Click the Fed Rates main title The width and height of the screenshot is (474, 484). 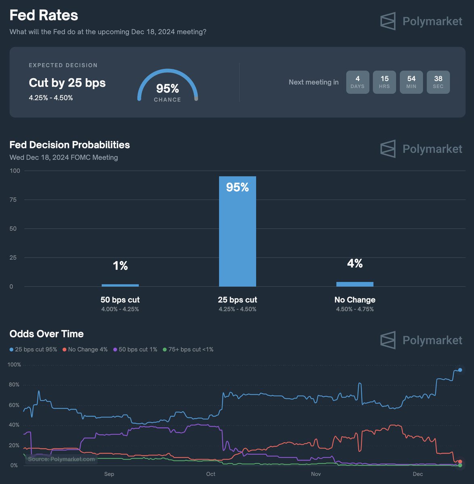(44, 15)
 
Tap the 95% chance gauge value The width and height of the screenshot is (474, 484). (168, 88)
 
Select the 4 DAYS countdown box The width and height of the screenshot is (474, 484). (357, 82)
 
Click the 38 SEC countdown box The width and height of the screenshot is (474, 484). (438, 82)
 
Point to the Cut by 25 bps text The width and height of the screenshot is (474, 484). (67, 83)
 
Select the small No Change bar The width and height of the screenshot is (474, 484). (354, 284)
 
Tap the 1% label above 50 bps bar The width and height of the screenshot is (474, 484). (120, 265)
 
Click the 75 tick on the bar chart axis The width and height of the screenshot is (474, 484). (13, 200)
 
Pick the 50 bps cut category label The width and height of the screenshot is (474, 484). (120, 300)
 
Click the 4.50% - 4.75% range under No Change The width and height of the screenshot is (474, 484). (354, 309)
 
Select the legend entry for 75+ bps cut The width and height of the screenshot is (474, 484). (188, 349)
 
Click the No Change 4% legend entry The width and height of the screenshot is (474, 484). (85, 349)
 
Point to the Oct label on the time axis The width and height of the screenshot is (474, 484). (210, 474)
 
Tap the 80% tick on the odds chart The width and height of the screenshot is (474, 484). (14, 385)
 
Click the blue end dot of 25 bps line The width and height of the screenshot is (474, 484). (460, 370)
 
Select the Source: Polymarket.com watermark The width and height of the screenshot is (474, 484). (61, 459)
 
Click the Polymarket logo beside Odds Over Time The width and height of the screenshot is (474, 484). (421, 340)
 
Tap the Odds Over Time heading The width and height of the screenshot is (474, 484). (46, 334)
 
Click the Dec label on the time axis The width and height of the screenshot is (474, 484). (418, 474)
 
